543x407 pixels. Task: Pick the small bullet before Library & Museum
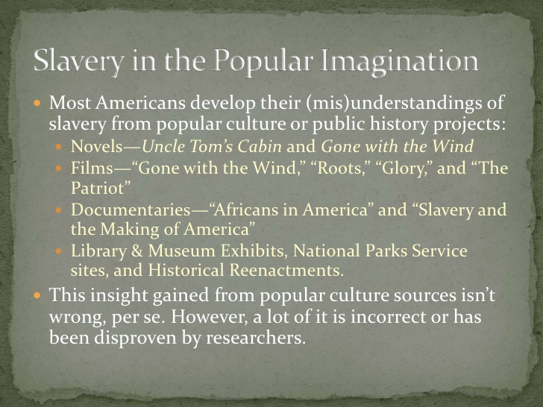point(62,251)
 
